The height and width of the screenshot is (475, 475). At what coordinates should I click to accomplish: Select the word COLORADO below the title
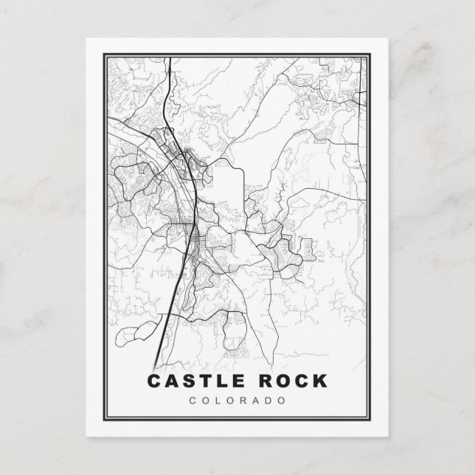tap(237, 401)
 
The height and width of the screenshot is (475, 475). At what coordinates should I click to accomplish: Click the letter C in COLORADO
tap(193, 401)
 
